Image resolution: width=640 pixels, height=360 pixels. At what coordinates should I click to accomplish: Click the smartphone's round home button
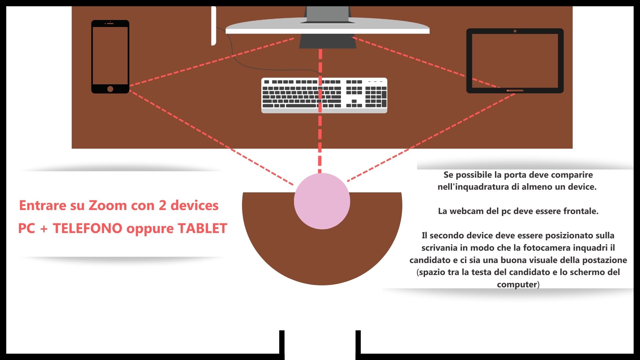click(x=110, y=89)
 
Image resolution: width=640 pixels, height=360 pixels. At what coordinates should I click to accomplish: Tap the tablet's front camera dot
click(x=515, y=31)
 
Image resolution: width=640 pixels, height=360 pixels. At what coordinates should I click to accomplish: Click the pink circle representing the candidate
click(x=322, y=201)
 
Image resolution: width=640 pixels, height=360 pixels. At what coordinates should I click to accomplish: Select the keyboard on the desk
click(x=324, y=95)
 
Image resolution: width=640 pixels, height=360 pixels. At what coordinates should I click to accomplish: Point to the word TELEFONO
click(x=88, y=229)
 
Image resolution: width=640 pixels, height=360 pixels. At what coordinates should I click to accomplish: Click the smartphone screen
click(x=110, y=56)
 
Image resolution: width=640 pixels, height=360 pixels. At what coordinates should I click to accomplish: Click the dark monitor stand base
click(x=327, y=41)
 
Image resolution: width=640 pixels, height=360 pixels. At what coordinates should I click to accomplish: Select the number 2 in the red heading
click(x=162, y=206)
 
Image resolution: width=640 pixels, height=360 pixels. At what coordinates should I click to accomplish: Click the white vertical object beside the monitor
click(x=214, y=26)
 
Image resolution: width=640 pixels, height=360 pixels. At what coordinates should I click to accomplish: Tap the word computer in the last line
click(x=517, y=284)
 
